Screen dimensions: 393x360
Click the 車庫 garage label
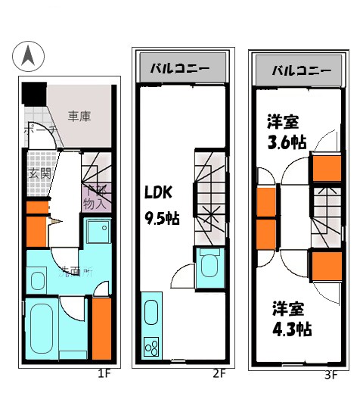click(79, 117)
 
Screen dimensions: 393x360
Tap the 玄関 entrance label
click(39, 173)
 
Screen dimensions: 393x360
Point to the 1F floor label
click(104, 373)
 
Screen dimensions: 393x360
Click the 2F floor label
click(219, 373)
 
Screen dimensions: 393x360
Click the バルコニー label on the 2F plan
click(182, 67)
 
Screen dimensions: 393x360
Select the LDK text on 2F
click(160, 192)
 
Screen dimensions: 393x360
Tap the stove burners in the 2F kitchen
click(152, 349)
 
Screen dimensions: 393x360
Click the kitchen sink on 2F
click(151, 313)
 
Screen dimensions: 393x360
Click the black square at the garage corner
click(33, 95)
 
